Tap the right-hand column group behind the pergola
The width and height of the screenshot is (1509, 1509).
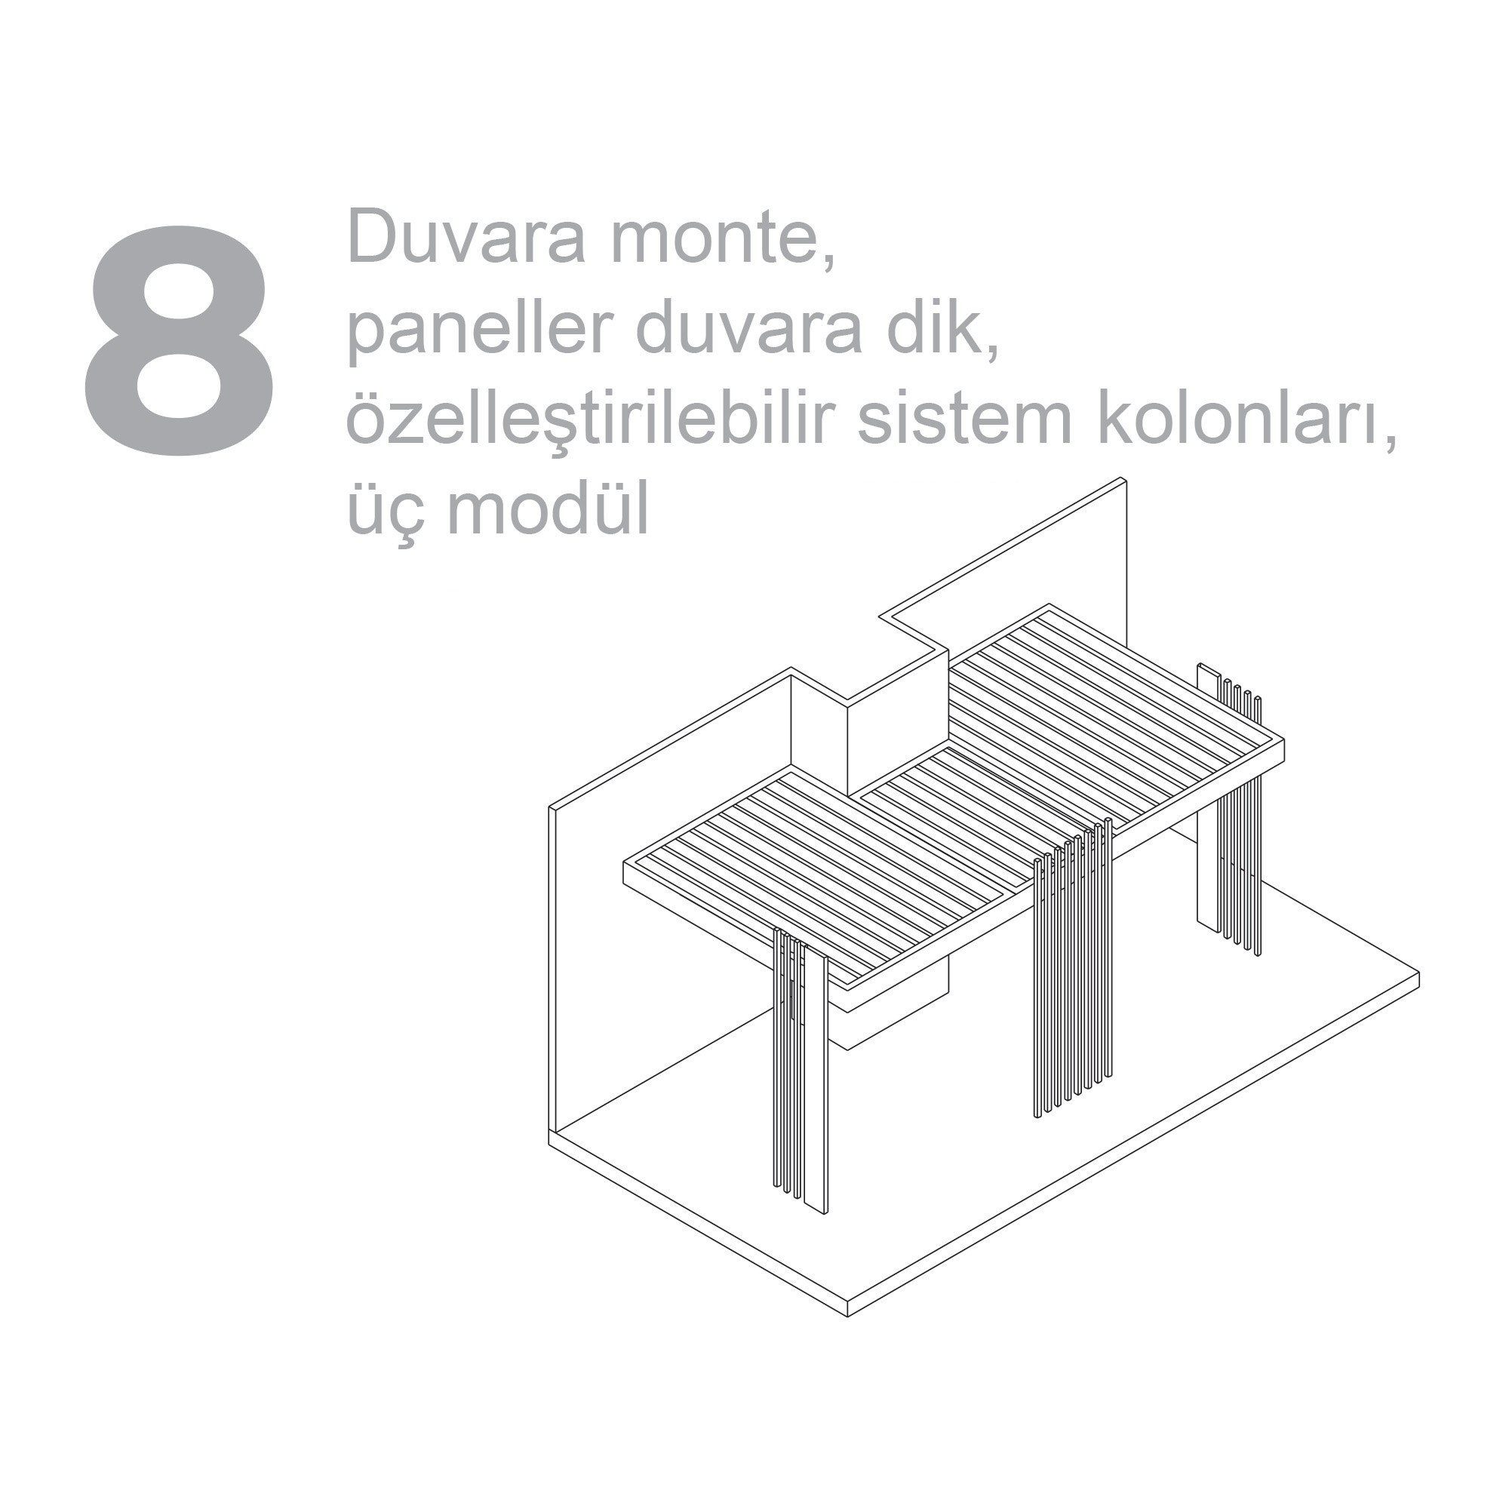1229,813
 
